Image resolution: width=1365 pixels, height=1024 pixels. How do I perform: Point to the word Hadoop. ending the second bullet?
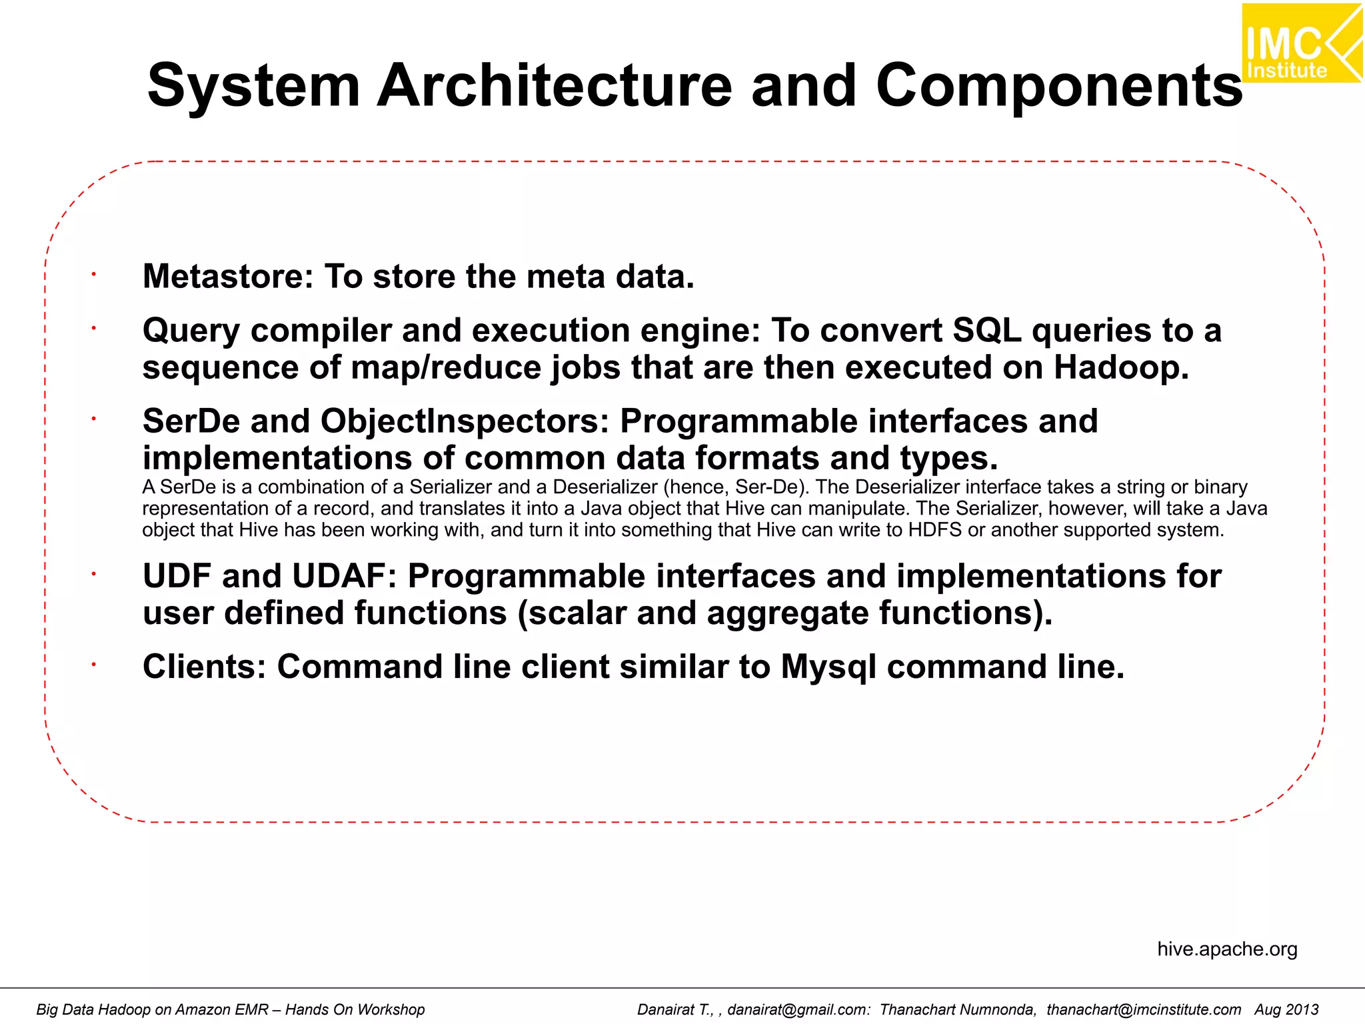pos(1121,367)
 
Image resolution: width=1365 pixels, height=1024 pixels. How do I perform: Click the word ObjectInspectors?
pos(465,421)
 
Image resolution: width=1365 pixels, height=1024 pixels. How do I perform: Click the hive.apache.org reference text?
pos(1227,949)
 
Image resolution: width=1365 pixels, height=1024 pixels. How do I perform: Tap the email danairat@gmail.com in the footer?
pos(798,1009)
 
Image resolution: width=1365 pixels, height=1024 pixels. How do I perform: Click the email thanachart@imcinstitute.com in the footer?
pos(1144,1009)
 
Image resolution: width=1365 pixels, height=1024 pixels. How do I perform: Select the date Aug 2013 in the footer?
pos(1286,1009)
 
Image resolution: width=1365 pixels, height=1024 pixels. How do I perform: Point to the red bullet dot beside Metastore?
pos(94,274)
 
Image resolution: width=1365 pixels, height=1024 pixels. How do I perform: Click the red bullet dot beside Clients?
pos(94,664)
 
